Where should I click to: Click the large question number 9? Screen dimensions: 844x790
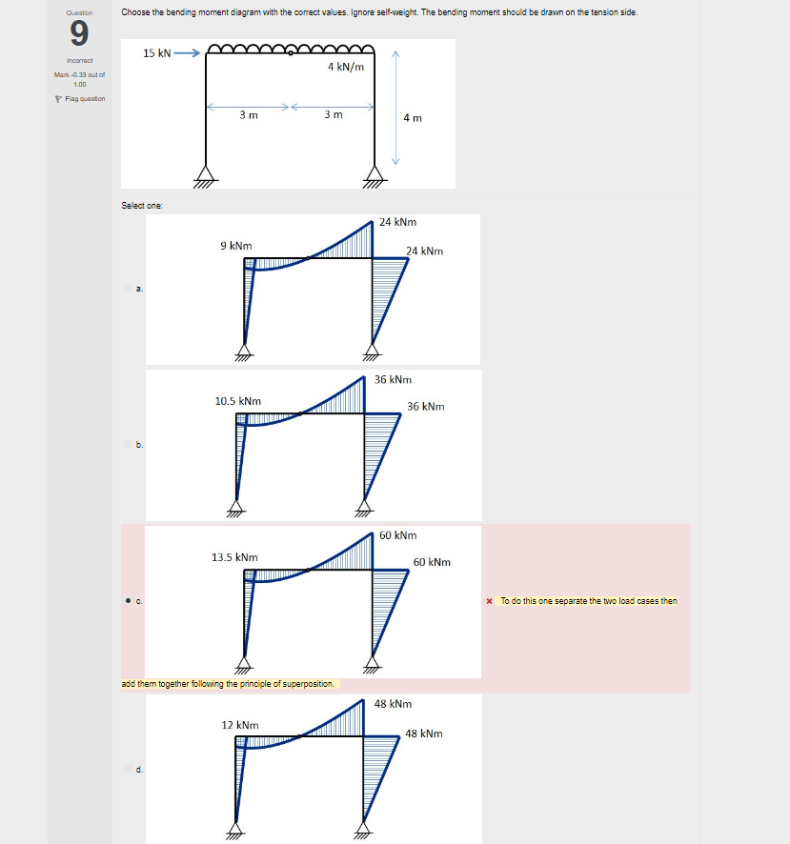(79, 34)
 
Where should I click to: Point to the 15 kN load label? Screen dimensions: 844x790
(157, 53)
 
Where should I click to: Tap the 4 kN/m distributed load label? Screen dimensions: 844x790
(345, 68)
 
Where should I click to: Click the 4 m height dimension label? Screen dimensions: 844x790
(412, 118)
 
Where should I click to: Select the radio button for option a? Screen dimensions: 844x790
(128, 288)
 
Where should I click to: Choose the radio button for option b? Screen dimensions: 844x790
(128, 444)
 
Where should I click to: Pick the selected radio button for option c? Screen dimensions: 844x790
(128, 601)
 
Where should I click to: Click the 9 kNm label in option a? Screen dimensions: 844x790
(235, 246)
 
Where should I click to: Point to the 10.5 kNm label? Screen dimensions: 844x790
(238, 401)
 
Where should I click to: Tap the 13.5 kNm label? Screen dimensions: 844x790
(234, 556)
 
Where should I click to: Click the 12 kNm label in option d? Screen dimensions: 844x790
(240, 725)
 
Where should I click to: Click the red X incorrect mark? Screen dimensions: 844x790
(489, 601)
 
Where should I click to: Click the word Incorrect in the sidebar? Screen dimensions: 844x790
(78, 61)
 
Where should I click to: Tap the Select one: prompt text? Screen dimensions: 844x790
(140, 205)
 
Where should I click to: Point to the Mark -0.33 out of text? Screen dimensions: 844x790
(79, 74)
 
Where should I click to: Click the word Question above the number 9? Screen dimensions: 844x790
(79, 12)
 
